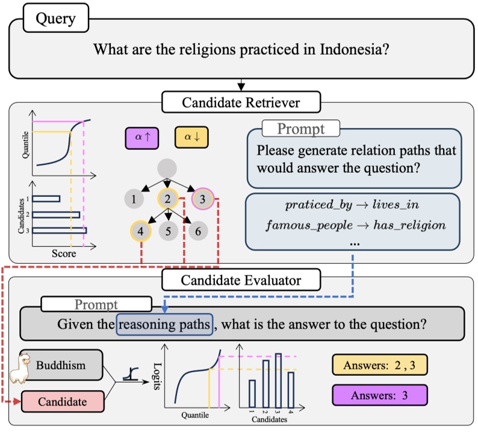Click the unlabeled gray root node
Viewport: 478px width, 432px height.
169,168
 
